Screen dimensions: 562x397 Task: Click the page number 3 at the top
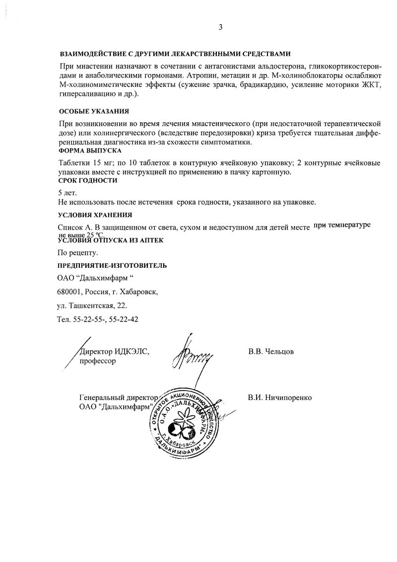220,28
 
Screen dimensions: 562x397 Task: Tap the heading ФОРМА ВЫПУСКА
90,150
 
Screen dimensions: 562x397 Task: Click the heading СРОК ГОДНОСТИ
88,180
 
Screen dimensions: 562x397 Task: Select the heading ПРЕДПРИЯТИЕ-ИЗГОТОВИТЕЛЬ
112,265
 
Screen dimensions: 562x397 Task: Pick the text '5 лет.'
68,193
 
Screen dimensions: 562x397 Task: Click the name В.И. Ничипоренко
279,398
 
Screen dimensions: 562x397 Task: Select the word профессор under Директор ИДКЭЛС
98,361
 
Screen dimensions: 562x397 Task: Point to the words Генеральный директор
118,398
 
